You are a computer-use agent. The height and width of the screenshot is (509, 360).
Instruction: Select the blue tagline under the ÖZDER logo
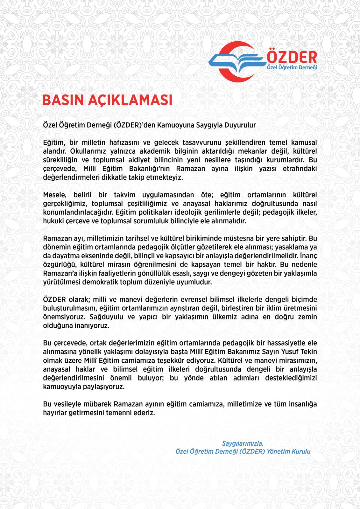(292, 68)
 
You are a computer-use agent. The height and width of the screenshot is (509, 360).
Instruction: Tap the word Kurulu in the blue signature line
(301, 451)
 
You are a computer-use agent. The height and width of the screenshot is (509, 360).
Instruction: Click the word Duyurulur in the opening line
(241, 125)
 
